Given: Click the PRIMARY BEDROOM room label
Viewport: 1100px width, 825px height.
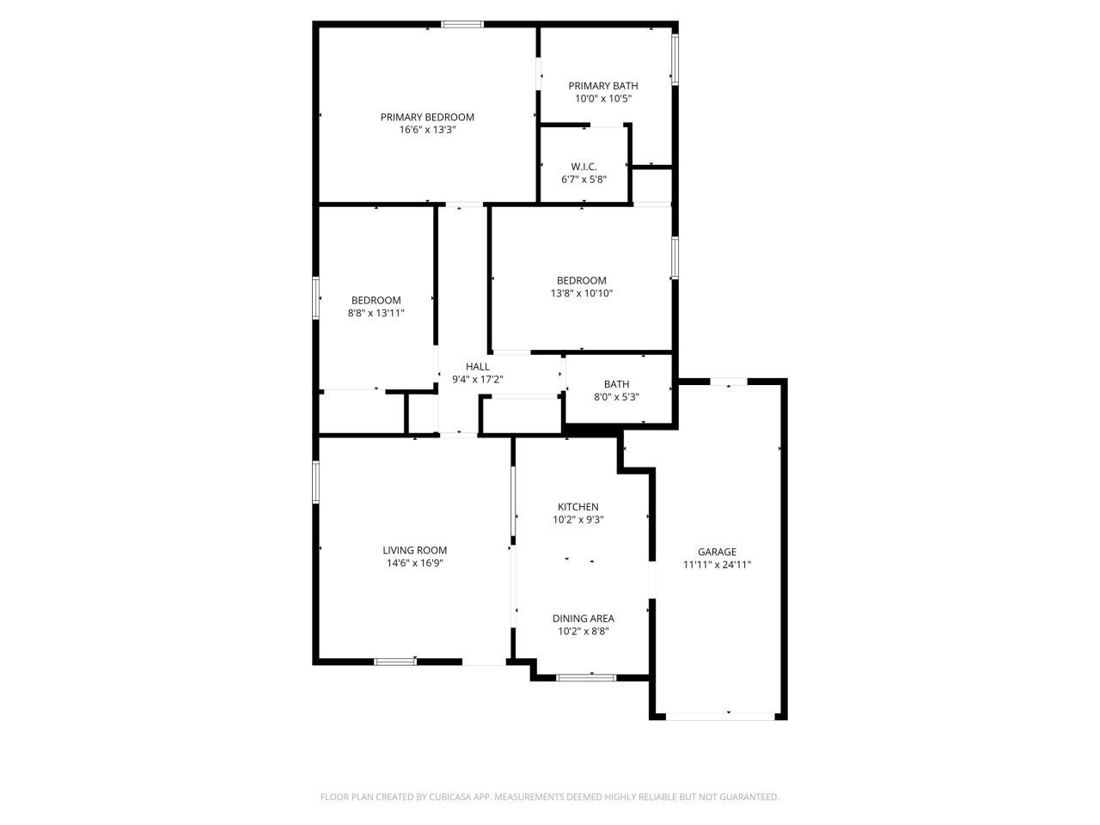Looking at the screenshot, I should [427, 117].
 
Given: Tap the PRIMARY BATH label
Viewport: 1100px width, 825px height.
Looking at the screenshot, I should [603, 86].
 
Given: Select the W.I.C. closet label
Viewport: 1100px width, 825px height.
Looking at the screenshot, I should [584, 167].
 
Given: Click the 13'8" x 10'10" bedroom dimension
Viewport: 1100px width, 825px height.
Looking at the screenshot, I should [582, 293].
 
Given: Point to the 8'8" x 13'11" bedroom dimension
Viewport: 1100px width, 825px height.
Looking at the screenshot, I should [376, 313].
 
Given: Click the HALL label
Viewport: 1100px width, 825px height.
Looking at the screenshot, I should [477, 367].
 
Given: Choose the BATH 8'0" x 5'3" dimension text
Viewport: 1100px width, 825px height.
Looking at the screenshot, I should [616, 397].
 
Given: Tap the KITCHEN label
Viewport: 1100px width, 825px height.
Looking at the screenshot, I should [577, 507].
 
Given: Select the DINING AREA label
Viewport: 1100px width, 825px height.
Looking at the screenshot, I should [583, 618].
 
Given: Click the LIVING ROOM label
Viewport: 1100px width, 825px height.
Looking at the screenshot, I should [415, 551].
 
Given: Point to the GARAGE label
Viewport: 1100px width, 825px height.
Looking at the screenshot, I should [717, 552].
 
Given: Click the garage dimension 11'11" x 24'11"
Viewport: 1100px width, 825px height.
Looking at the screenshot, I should [717, 565].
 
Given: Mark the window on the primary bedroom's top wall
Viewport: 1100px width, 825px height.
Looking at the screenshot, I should [462, 24].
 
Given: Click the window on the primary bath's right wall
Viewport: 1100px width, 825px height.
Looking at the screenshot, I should [675, 59].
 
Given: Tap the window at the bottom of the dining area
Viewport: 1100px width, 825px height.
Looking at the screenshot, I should [586, 677].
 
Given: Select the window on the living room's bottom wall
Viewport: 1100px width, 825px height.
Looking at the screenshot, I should [395, 661].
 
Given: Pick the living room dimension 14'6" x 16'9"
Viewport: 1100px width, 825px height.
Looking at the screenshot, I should [415, 564].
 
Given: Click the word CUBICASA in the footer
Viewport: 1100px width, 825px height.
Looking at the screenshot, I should [450, 797].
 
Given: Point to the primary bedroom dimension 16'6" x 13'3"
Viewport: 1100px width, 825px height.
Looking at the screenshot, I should [427, 130].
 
